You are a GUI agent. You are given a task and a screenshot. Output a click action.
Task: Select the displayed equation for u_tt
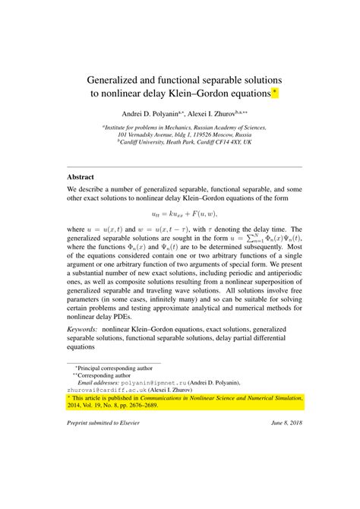[x=185, y=214]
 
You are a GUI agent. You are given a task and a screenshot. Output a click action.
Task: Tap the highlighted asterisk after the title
[x=276, y=93]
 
